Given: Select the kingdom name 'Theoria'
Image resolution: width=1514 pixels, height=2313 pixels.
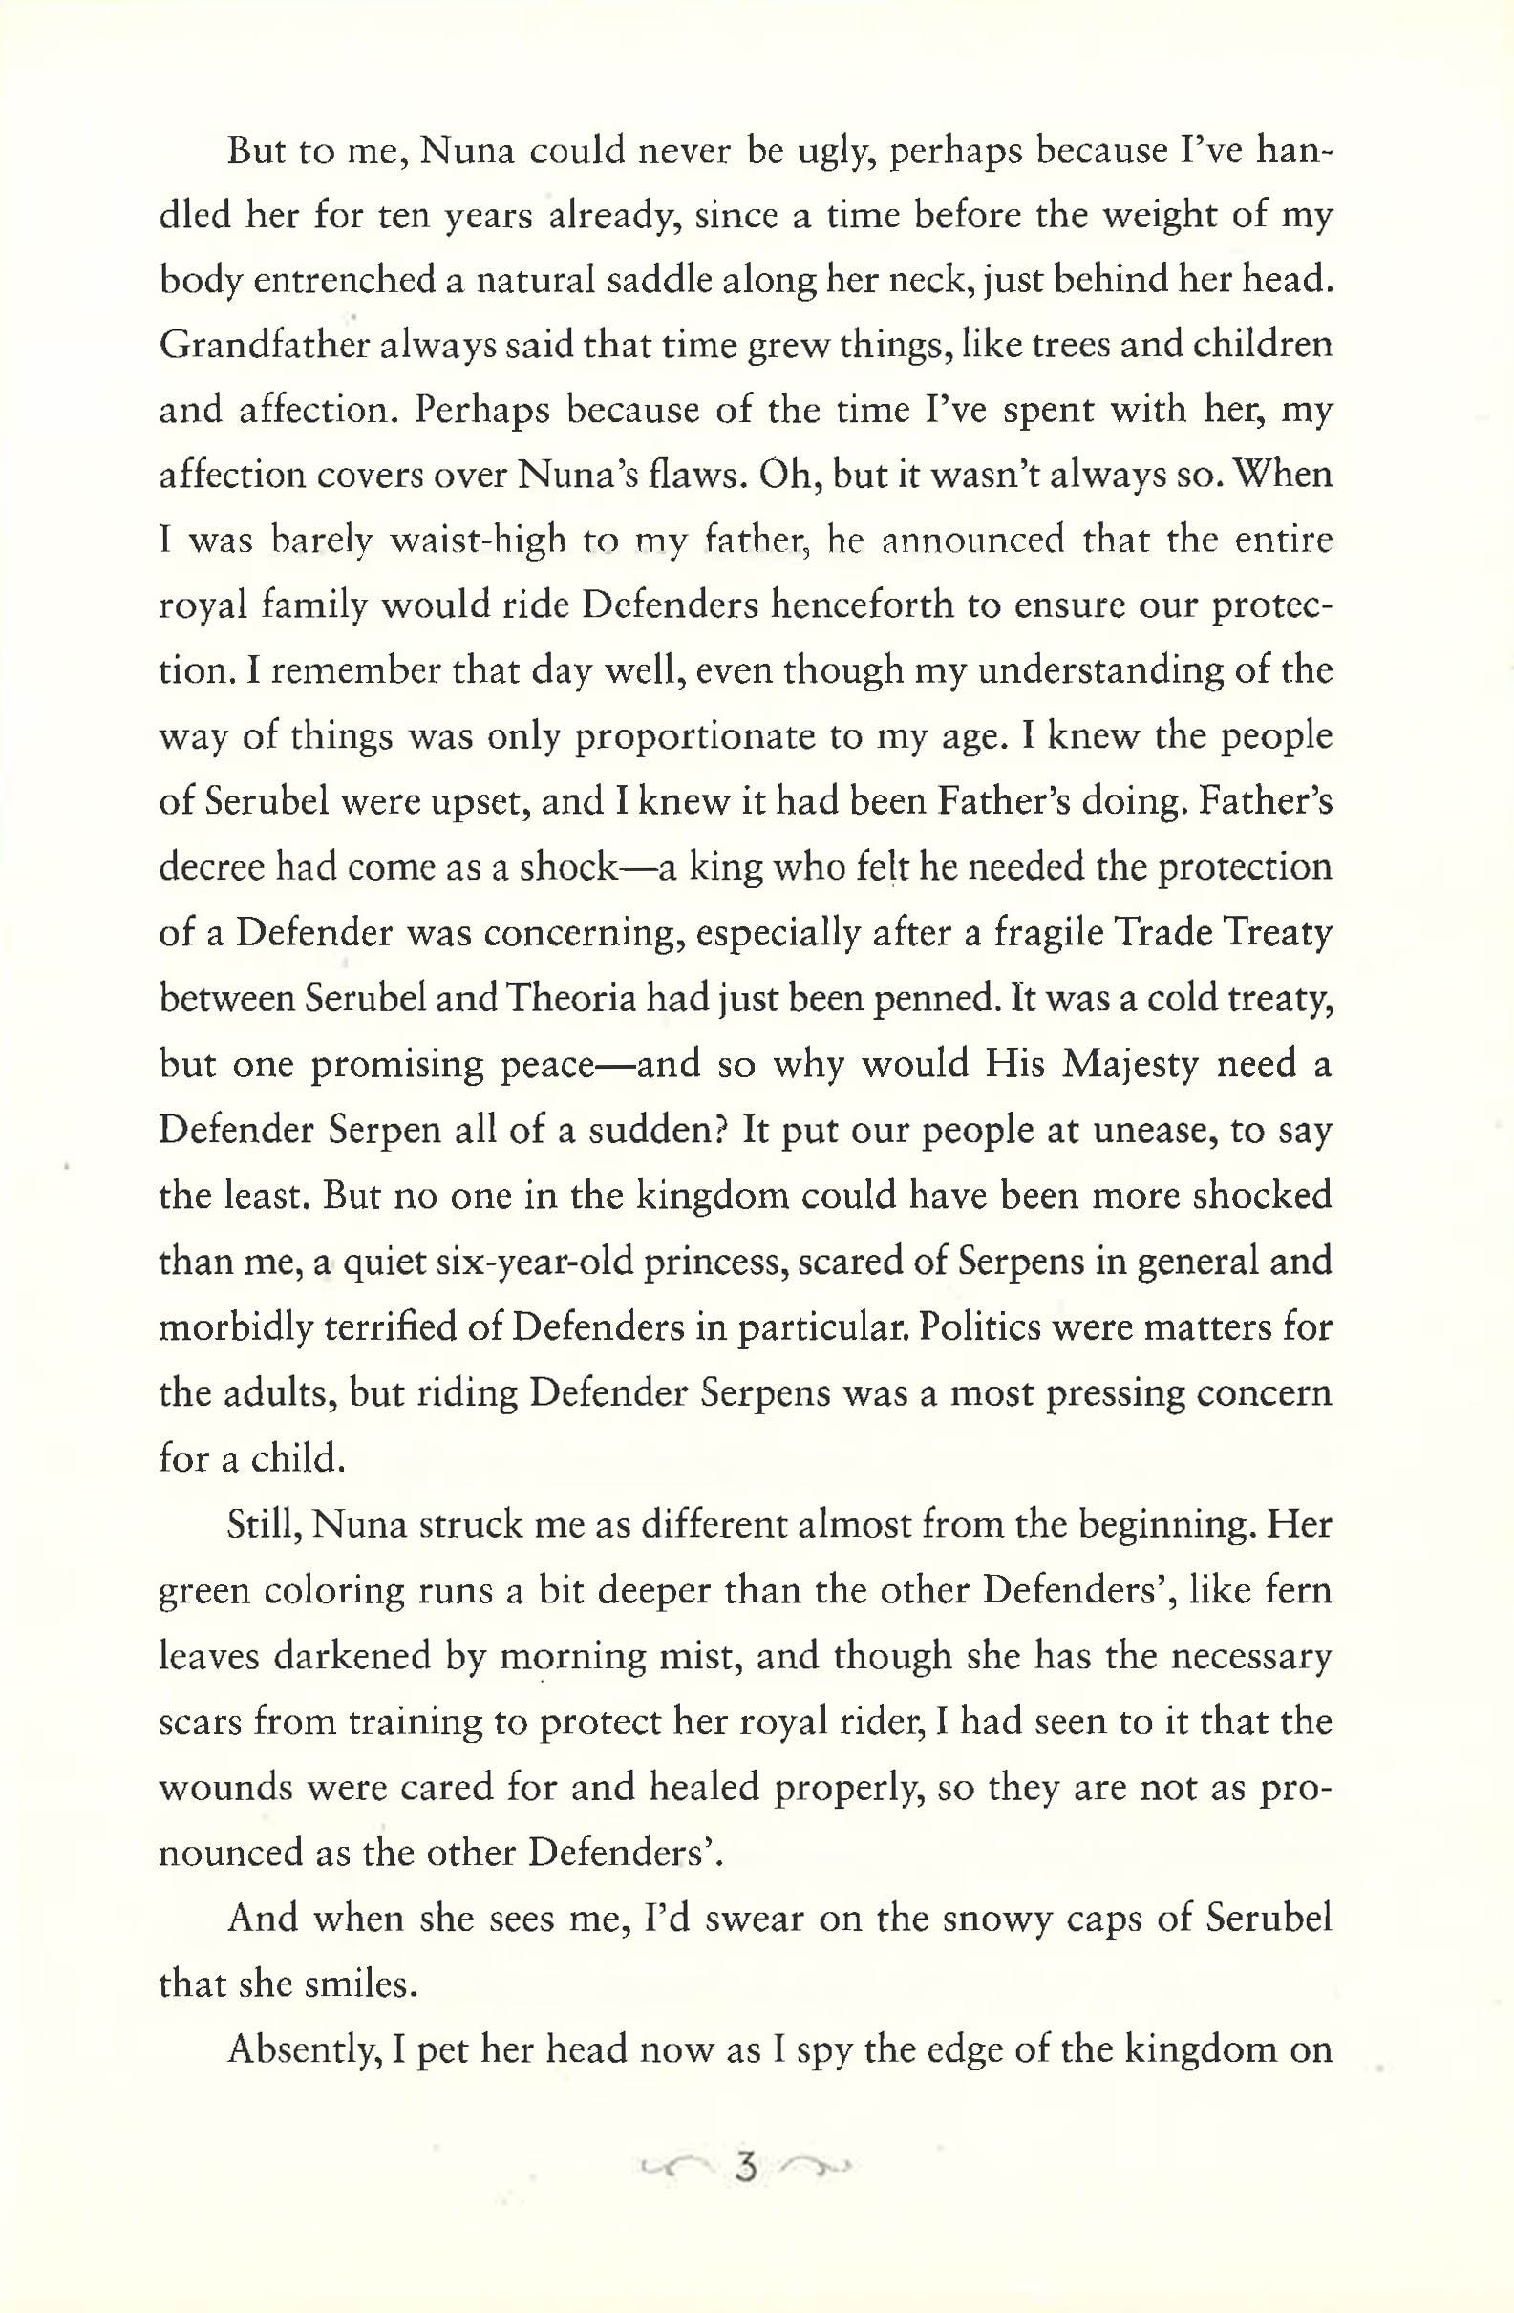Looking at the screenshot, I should point(575,998).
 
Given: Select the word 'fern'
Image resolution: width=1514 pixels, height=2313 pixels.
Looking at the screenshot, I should point(1299,1590).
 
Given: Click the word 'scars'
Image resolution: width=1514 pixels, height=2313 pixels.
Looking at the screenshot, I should point(199,1722).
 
